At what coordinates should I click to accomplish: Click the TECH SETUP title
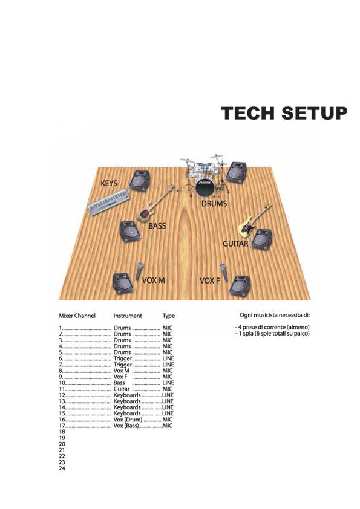[x=284, y=113]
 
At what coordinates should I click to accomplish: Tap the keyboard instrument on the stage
[x=110, y=203]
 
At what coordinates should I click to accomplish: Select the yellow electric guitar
[x=254, y=220]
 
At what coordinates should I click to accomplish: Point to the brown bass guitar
[x=155, y=204]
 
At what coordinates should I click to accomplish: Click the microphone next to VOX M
[x=139, y=271]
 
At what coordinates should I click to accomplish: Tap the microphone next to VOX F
[x=224, y=273]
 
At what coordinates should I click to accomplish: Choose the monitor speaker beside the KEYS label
[x=140, y=181]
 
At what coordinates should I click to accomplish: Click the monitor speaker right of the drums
[x=237, y=173]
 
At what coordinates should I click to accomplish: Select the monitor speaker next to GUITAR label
[x=262, y=239]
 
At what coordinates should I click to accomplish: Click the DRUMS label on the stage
[x=214, y=204]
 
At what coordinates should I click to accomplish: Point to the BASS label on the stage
[x=157, y=225]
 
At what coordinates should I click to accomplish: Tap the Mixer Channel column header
[x=77, y=316]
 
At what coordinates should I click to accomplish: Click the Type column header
[x=169, y=316]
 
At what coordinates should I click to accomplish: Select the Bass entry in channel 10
[x=119, y=383]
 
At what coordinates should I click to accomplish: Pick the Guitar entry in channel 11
[x=122, y=389]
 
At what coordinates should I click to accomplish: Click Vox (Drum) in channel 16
[x=128, y=420]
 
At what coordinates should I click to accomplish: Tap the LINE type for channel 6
[x=168, y=358]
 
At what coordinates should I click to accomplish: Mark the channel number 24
[x=62, y=468]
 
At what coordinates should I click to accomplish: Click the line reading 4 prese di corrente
[x=272, y=327]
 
